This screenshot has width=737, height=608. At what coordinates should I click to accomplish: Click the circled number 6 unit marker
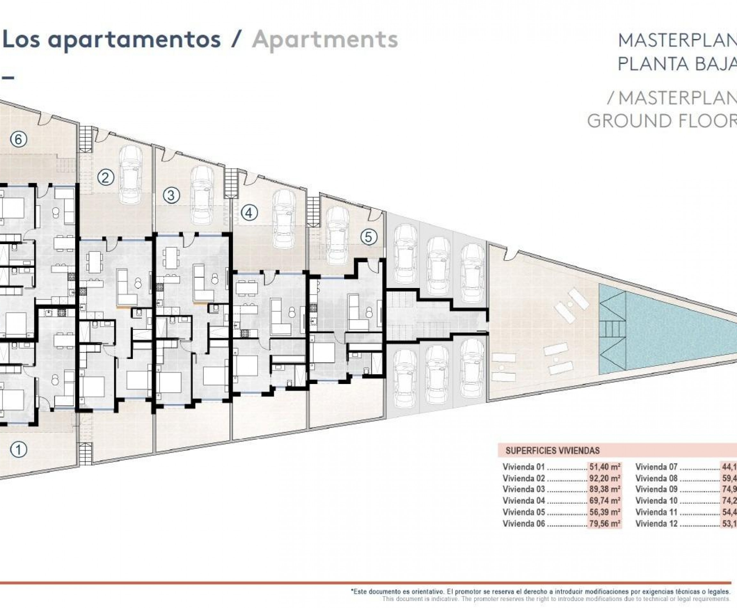(19, 140)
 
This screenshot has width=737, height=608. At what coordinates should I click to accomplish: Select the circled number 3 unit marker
(171, 195)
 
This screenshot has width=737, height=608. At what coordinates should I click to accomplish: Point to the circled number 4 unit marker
(249, 212)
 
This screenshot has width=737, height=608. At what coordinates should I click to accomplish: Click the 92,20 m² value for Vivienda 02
(605, 478)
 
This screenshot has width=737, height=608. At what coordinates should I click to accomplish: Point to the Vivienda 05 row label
(524, 512)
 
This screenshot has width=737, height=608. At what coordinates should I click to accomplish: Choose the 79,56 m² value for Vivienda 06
(605, 524)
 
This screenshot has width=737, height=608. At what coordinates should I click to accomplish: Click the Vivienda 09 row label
(656, 489)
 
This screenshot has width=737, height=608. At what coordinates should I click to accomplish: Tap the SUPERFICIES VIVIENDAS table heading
(552, 451)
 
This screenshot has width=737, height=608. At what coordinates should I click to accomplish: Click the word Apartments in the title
(325, 40)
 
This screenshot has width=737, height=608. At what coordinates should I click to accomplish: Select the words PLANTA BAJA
(677, 64)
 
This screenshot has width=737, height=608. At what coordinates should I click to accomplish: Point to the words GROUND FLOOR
(662, 121)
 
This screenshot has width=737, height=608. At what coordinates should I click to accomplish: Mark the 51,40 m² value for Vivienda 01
(605, 467)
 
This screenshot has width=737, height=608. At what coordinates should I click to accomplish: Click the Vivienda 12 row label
(656, 524)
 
